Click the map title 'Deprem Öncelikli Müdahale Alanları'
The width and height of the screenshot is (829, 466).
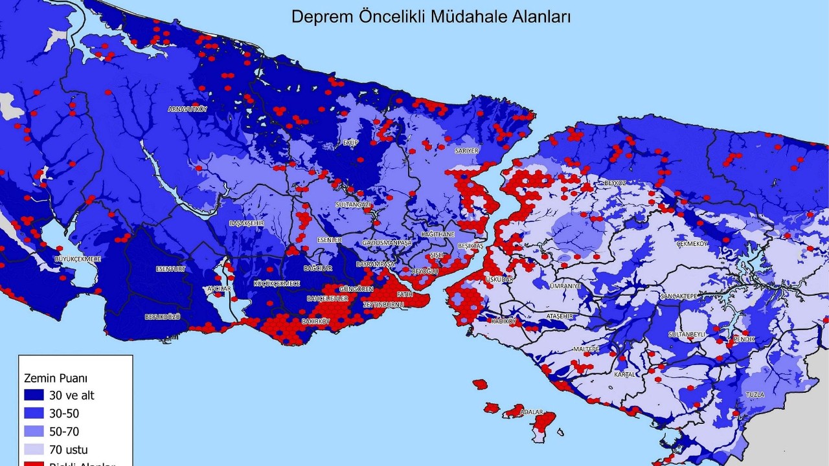tap(431, 17)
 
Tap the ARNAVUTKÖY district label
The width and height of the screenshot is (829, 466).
tap(187, 109)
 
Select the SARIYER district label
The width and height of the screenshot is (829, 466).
tap(466, 150)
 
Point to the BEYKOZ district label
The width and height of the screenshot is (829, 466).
tap(615, 183)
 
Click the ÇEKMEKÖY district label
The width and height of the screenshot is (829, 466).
tap(692, 244)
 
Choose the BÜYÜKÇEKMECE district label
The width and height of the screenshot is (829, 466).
tap(77, 259)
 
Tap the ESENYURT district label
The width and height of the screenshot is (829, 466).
tap(171, 269)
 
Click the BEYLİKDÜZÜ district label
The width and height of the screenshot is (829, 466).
tap(162, 317)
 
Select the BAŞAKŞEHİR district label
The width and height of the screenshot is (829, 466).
tap(247, 223)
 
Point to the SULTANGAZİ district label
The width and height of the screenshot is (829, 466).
tap(353, 205)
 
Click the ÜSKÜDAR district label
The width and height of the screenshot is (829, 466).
tap(499, 279)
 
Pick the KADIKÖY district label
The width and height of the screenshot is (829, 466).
tap(503, 321)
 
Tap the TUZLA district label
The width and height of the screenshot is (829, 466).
tap(755, 394)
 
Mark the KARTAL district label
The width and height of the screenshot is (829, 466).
tap(625, 374)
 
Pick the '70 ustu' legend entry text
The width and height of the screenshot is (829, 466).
tap(73, 449)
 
